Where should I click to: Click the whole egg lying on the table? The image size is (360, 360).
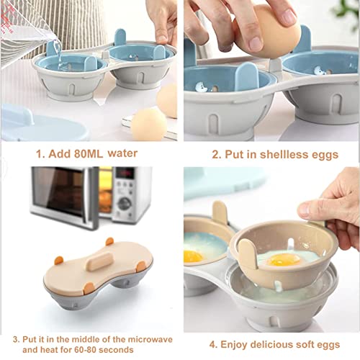coord(148,124)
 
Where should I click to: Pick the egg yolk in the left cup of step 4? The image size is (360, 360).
coord(192,256)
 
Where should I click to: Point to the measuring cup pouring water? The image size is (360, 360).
coord(25,32)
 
